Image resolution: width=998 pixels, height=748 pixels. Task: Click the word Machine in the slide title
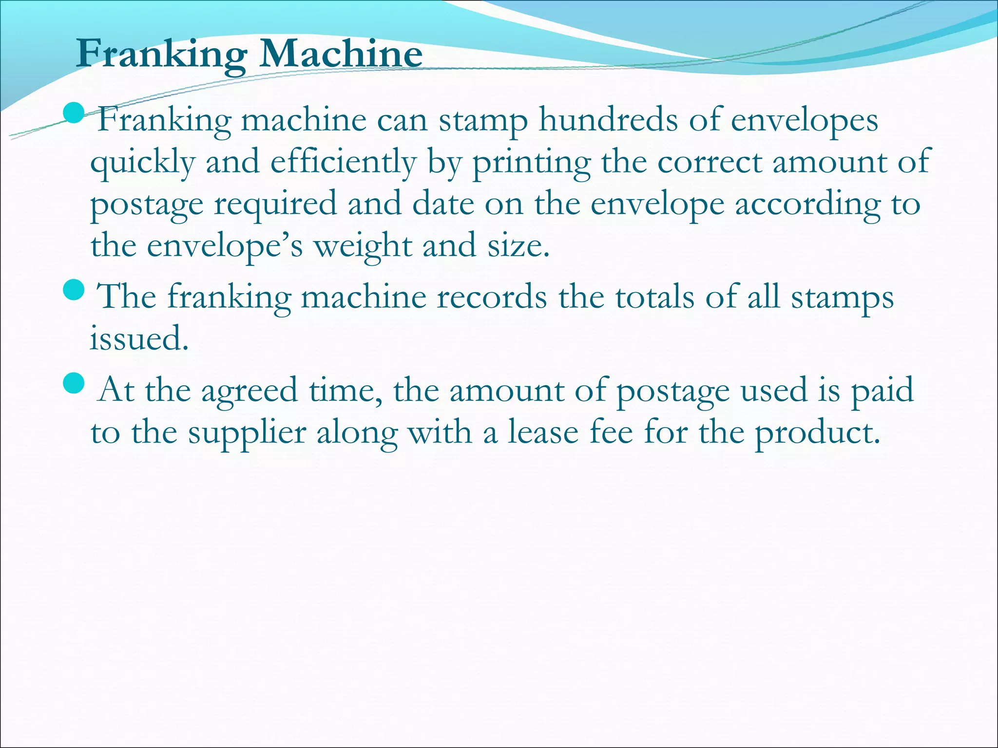coord(341,54)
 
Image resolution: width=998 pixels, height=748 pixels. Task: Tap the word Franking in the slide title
coord(161,55)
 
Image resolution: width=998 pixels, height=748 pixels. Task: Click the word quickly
coord(143,163)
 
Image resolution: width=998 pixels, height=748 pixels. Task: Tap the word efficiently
coord(344,163)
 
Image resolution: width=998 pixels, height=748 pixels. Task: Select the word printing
coord(532,163)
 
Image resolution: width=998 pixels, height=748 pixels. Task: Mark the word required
coord(275,205)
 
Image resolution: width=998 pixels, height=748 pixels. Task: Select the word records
coord(492,297)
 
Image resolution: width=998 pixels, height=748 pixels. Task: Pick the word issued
coord(138,338)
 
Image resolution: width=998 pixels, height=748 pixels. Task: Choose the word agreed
coord(249,391)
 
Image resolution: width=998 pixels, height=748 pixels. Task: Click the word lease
coord(543,432)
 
